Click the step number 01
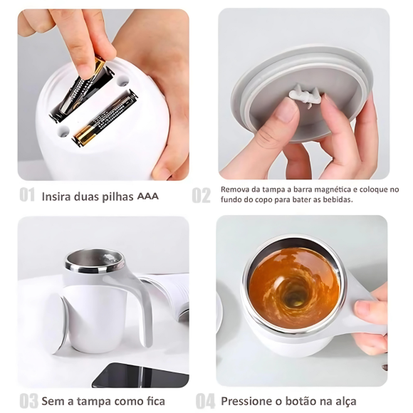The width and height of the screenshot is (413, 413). pyautogui.click(x=27, y=195)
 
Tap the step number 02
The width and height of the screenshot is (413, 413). pyautogui.click(x=202, y=195)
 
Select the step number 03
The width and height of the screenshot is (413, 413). pyautogui.click(x=29, y=401)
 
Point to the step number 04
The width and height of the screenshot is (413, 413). pyautogui.click(x=206, y=401)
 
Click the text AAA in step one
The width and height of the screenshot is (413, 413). pyautogui.click(x=148, y=197)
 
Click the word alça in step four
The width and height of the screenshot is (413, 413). pyautogui.click(x=345, y=402)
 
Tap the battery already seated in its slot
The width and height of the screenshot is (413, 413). pyautogui.click(x=105, y=117)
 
